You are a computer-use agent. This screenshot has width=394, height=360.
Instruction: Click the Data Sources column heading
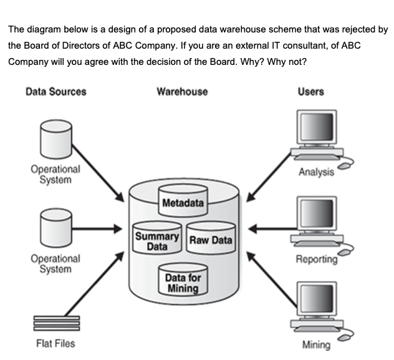[55, 92]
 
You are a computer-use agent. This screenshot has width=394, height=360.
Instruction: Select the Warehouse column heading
[182, 92]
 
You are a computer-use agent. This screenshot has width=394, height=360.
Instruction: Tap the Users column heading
[310, 92]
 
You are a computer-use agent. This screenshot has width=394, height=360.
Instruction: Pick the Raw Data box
[210, 240]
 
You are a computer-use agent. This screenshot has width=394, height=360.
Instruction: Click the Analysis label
[316, 172]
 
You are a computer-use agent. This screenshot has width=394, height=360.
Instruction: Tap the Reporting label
[316, 259]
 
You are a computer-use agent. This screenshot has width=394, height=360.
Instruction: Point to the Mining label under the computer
[316, 345]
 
